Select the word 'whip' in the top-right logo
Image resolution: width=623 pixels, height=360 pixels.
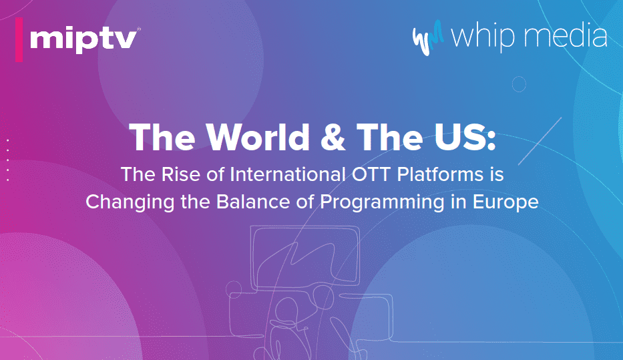pos(481,37)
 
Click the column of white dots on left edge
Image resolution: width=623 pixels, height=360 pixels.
pos(7,160)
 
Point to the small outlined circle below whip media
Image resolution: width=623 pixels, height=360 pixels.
pos(519,84)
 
